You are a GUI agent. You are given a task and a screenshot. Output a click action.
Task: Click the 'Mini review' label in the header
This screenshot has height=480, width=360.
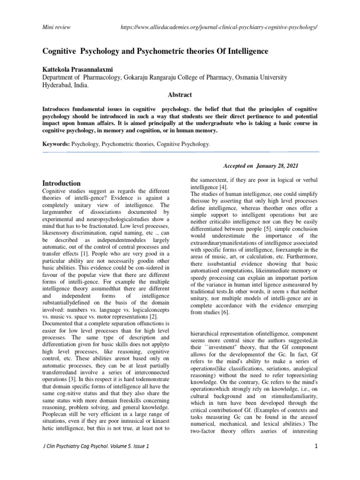(x=56, y=27)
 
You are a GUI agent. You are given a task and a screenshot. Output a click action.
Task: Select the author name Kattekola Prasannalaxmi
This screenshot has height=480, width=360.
(x=82, y=69)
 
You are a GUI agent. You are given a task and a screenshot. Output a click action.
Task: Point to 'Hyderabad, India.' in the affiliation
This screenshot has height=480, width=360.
(x=65, y=85)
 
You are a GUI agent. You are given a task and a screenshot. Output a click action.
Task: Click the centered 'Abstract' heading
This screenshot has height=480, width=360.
(x=180, y=95)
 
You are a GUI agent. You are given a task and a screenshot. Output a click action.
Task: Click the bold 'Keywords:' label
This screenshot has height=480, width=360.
(x=56, y=144)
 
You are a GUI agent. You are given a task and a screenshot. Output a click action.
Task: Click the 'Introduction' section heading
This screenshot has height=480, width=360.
(x=61, y=183)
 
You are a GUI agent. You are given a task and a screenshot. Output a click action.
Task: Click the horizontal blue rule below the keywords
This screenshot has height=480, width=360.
(x=180, y=152)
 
